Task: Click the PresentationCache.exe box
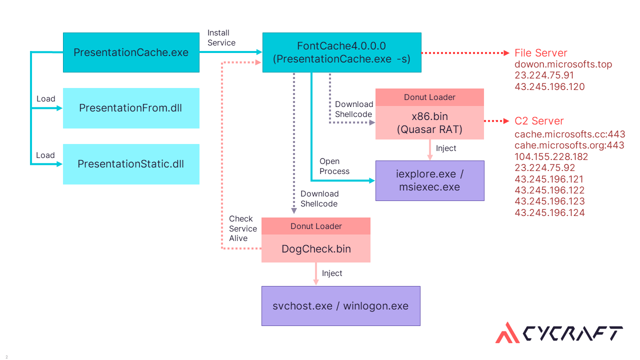coord(131,52)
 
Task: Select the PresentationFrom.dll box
coord(131,108)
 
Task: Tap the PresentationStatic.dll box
coord(131,164)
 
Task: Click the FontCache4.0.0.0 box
coord(341,52)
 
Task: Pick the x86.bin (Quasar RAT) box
coord(429,122)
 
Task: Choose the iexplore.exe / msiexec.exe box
coord(429,180)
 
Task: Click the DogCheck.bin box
coord(316,248)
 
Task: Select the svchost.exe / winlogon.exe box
coord(340,306)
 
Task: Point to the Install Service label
coord(221,38)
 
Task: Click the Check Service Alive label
coord(243,228)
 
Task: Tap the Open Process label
coord(334,166)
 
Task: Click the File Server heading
coord(541,53)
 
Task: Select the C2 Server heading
coord(539,121)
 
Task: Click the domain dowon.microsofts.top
coord(563,64)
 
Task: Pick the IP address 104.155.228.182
coord(551,156)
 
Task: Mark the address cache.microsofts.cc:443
coord(569,134)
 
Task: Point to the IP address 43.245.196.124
coord(549,212)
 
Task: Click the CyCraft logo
coord(559,333)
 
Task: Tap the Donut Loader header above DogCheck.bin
coord(316,226)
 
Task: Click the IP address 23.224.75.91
coord(544,75)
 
